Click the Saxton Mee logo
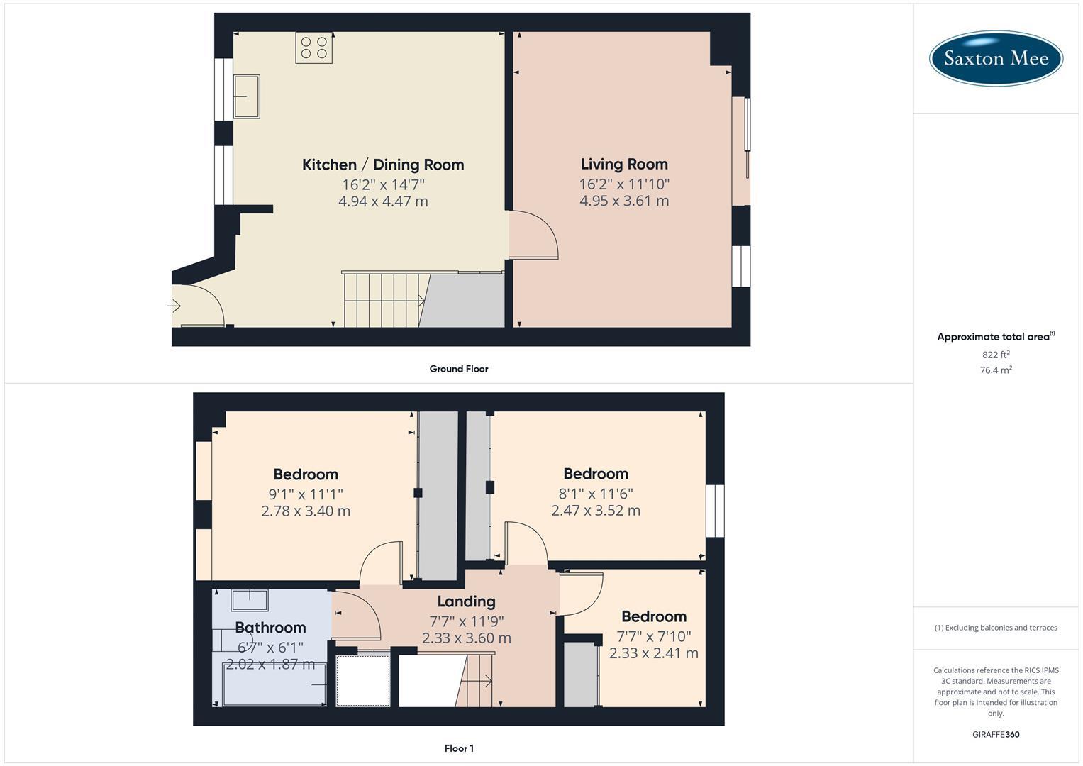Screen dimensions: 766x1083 996,58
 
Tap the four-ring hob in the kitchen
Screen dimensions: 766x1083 314,48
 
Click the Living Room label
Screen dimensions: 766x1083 624,164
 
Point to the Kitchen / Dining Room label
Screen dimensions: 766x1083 383,165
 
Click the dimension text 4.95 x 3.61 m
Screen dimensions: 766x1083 624,201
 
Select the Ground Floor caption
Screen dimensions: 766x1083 459,369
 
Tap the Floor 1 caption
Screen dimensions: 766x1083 459,748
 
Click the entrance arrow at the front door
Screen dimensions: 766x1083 174,306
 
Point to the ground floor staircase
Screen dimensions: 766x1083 383,300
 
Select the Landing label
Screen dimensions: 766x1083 466,601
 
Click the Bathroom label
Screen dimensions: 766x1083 270,628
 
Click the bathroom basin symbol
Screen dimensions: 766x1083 250,600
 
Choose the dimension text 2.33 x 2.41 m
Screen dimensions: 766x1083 654,653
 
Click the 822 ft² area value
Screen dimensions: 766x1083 996,355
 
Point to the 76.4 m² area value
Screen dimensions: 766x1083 996,370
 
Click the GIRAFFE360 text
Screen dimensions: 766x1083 996,734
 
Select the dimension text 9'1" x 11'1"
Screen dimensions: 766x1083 306,494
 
